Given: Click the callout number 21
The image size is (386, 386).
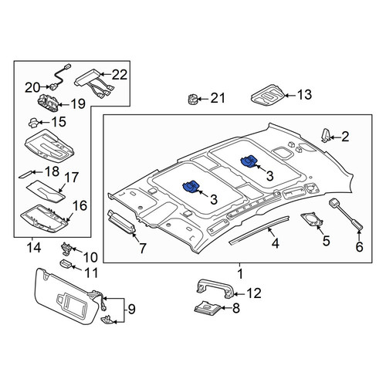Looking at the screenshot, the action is pyautogui.click(x=218, y=98).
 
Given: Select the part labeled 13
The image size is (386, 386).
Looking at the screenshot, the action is pyautogui.click(x=268, y=96).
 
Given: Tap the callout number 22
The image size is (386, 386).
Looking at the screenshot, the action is pyautogui.click(x=120, y=75).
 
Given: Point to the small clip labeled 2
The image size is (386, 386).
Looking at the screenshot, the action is pyautogui.click(x=326, y=135).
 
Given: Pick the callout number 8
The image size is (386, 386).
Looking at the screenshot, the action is pyautogui.click(x=236, y=308).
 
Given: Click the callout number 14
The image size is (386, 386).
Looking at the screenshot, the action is pyautogui.click(x=34, y=248).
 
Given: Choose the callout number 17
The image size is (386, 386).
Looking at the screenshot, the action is pyautogui.click(x=71, y=178).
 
